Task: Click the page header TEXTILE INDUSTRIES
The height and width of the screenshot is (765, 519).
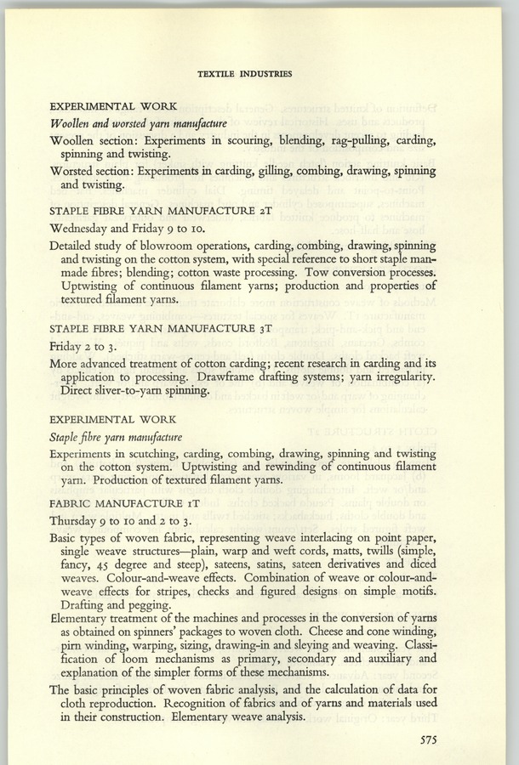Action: click(x=244, y=74)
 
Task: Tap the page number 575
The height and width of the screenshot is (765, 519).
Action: click(x=434, y=739)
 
